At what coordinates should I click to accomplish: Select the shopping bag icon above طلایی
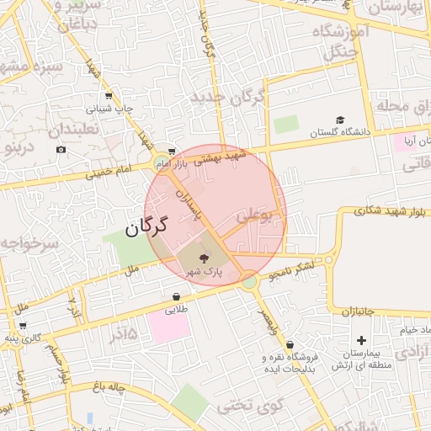pos(176,296)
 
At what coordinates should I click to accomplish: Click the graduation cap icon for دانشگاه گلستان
pos(340,120)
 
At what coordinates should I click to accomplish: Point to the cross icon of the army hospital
pos(362,340)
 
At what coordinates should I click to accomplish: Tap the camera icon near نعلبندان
pos(61,150)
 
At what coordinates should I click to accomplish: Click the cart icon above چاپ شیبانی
pos(112,95)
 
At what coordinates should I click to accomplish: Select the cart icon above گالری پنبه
pos(23,325)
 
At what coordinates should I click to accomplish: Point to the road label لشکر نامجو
pos(291,270)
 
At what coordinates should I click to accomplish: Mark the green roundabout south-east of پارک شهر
pos(248,279)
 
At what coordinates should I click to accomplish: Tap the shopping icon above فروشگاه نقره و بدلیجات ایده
pos(290,344)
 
